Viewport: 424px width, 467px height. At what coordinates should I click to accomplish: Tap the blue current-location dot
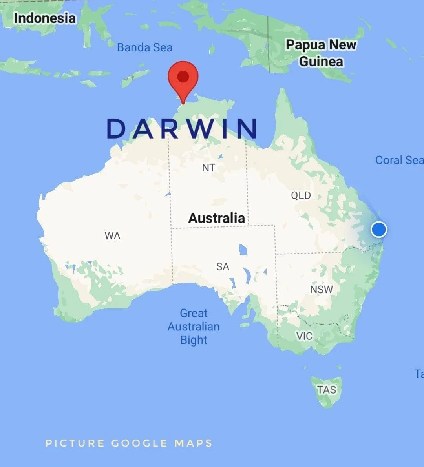pyautogui.click(x=378, y=229)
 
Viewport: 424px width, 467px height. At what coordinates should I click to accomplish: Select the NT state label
pyautogui.click(x=208, y=168)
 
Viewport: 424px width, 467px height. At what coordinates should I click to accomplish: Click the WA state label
pyautogui.click(x=112, y=236)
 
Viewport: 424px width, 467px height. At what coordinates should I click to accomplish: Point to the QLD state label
pyautogui.click(x=301, y=195)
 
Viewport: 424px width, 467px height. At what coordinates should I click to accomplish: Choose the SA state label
pyautogui.click(x=223, y=267)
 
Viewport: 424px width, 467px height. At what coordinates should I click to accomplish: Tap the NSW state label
pyautogui.click(x=321, y=290)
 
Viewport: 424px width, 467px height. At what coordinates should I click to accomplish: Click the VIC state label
pyautogui.click(x=304, y=336)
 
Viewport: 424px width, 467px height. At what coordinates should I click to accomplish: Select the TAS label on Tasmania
pyautogui.click(x=327, y=390)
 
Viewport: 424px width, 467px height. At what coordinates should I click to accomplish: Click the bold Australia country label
pyautogui.click(x=217, y=218)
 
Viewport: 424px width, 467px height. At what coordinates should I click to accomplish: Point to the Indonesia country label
pyautogui.click(x=44, y=18)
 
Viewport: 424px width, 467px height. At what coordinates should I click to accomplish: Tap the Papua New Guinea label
pyautogui.click(x=321, y=53)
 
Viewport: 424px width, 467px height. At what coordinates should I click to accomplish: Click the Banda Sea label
pyautogui.click(x=145, y=47)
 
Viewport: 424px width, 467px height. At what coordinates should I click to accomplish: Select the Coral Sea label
pyautogui.click(x=398, y=160)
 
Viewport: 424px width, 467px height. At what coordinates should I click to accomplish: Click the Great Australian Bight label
pyautogui.click(x=194, y=327)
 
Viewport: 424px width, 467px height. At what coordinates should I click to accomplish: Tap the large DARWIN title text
pyautogui.click(x=182, y=129)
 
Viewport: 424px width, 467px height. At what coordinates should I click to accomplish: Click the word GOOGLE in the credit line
pyautogui.click(x=139, y=443)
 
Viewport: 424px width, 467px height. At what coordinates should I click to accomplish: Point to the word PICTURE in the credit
pyautogui.click(x=75, y=443)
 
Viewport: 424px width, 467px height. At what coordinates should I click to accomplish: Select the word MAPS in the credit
pyautogui.click(x=193, y=443)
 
